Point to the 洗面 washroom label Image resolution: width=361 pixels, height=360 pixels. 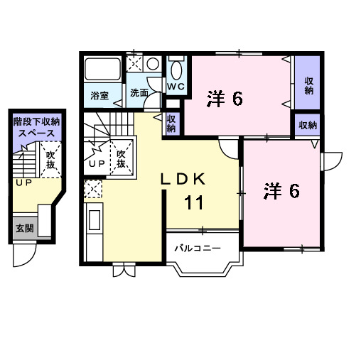[x=139, y=93]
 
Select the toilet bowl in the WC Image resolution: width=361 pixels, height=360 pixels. [x=176, y=69]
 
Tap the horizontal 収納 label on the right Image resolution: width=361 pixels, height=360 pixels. [x=307, y=125]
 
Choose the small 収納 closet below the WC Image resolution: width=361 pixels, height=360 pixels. [x=171, y=124]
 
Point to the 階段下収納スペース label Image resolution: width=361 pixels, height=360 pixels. [x=36, y=127]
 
